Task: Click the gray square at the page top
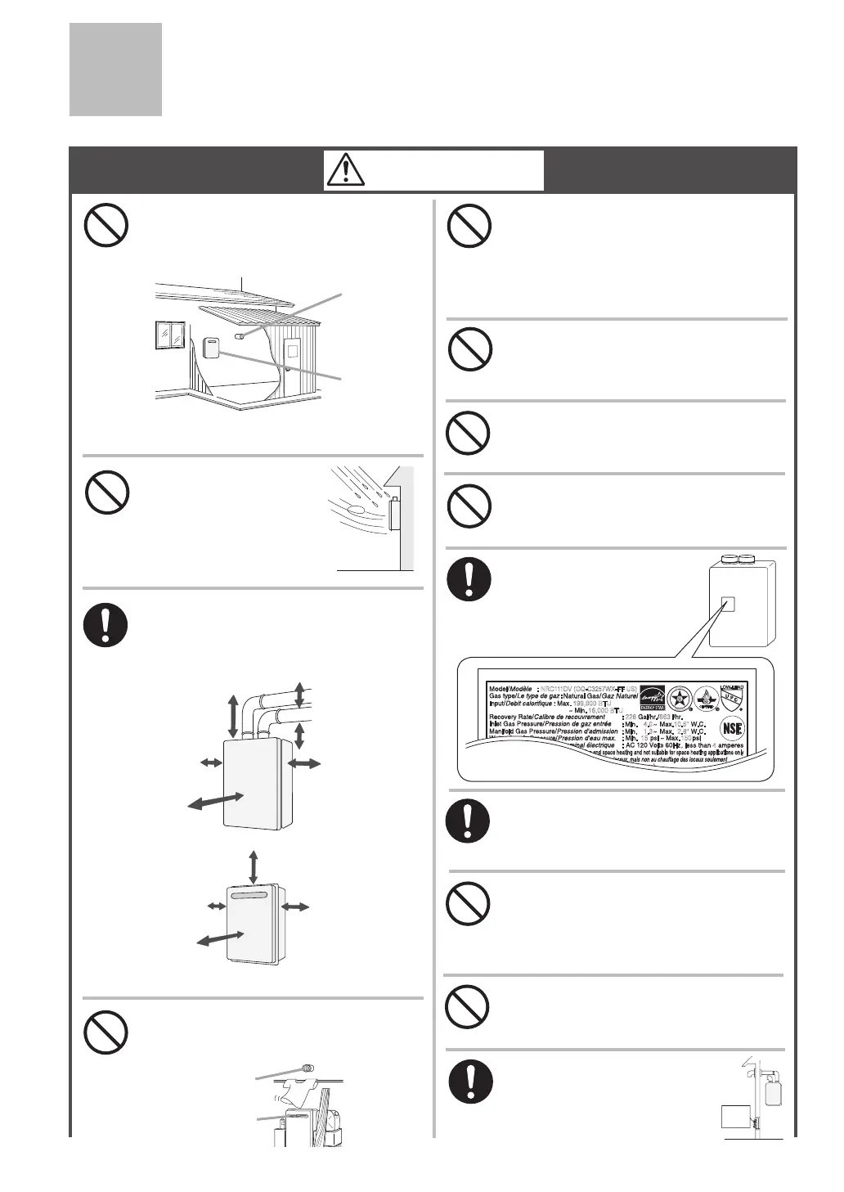tap(115, 70)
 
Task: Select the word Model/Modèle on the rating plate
tap(510, 688)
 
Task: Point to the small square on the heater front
tap(727, 605)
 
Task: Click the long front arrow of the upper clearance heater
tap(216, 801)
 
